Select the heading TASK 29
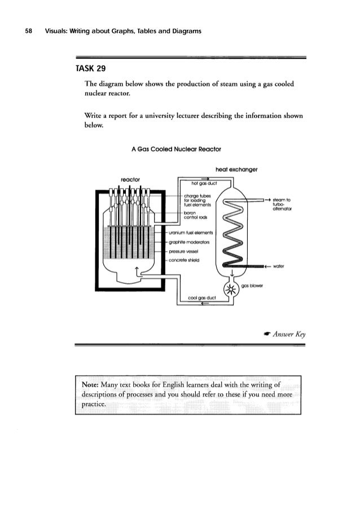87,71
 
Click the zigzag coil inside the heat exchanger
231,237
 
